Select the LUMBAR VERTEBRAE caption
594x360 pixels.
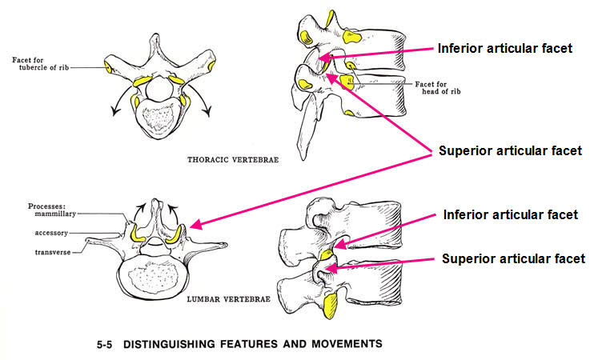pyautogui.click(x=227, y=301)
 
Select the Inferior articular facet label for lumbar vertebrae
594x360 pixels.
pyautogui.click(x=509, y=215)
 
